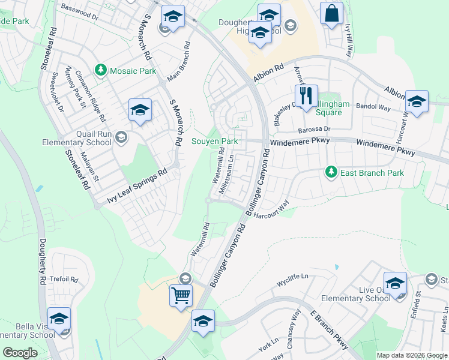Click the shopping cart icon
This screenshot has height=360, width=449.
point(181,295)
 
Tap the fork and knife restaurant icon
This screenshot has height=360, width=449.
point(306,96)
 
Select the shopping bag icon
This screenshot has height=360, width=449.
point(331,13)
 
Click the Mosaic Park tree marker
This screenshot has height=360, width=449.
point(101,71)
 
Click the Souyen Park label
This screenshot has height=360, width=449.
point(215,142)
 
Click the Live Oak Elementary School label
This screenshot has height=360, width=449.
point(356,294)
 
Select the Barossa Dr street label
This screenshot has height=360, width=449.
point(315,129)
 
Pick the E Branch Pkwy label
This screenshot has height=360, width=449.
point(330,331)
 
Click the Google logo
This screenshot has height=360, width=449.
point(20,353)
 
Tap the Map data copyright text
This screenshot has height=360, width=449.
point(412,355)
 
